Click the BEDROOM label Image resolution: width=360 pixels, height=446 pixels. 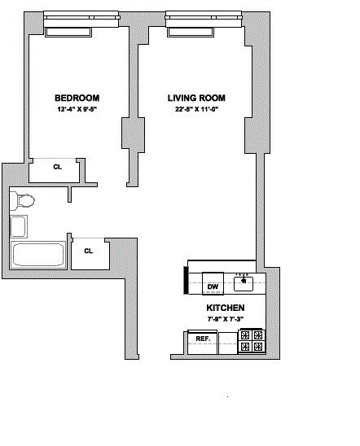click(78, 97)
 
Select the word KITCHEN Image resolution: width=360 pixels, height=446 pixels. click(225, 308)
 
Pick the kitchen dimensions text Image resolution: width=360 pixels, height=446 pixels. click(225, 320)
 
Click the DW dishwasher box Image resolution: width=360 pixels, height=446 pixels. click(213, 286)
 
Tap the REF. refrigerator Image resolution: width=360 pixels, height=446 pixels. click(204, 338)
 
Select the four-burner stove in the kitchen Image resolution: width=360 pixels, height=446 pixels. click(251, 340)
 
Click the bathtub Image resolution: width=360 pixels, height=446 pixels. click(37, 255)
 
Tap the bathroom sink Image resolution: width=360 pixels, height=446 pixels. click(19, 225)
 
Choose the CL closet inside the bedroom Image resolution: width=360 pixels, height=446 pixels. click(56, 168)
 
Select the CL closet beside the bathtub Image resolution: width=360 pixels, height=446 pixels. click(88, 251)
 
